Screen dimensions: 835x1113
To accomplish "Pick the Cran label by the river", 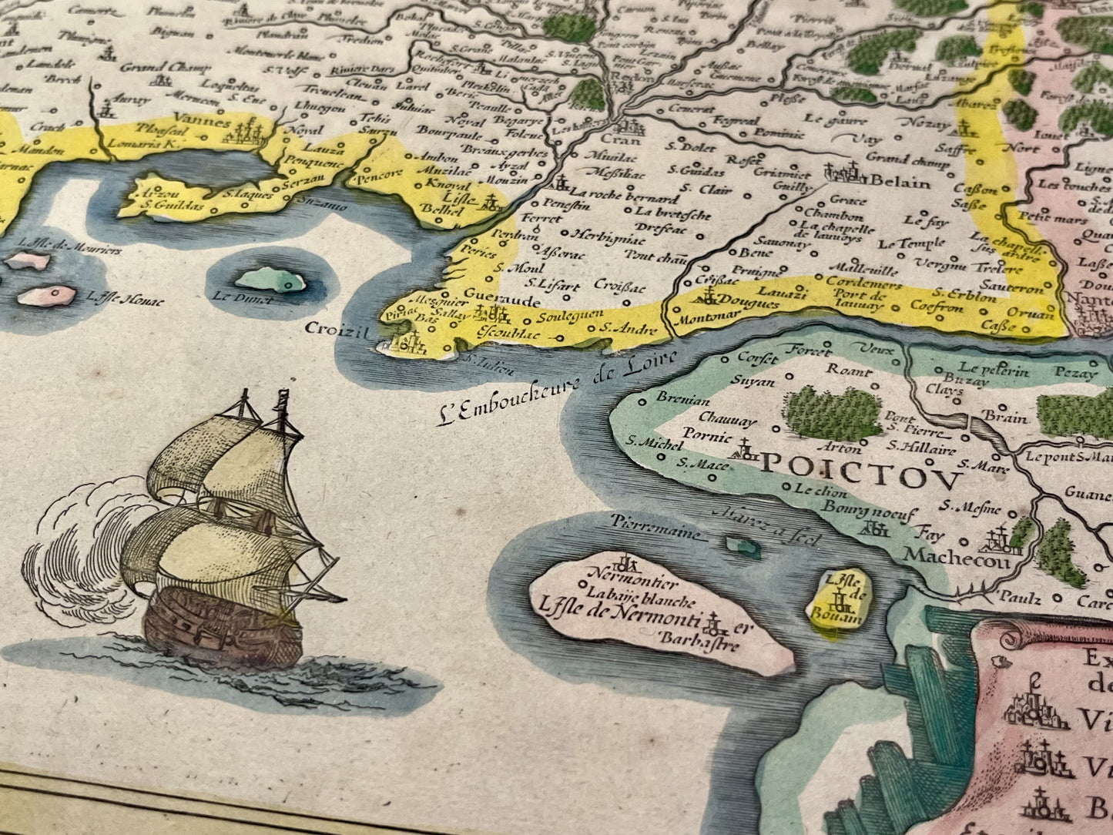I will [x=615, y=140].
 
